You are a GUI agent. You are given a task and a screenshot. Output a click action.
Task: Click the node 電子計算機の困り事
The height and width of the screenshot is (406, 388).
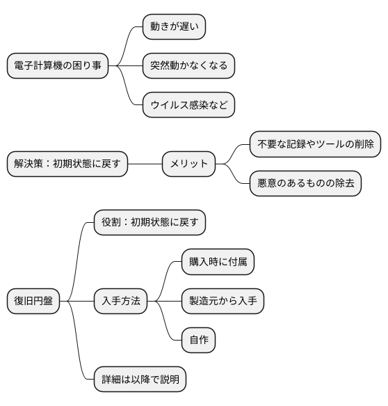(x=58, y=66)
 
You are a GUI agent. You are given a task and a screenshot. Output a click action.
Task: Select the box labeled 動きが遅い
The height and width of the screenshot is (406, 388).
(x=174, y=27)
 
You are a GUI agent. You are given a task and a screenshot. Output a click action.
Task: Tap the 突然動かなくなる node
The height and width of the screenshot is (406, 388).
(x=188, y=66)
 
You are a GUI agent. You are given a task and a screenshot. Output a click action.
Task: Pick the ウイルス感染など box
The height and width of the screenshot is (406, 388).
(x=188, y=105)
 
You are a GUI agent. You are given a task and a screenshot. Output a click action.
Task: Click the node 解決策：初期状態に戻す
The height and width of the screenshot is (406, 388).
(x=67, y=164)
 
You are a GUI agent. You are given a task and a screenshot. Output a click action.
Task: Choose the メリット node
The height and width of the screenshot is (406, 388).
(x=188, y=164)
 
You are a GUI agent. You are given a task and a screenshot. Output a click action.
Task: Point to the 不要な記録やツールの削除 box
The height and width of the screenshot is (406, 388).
(x=315, y=145)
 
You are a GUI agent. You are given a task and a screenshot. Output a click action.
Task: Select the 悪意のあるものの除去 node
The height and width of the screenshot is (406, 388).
(x=305, y=184)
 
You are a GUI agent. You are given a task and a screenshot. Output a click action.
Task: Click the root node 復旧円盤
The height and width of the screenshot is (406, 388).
(x=33, y=302)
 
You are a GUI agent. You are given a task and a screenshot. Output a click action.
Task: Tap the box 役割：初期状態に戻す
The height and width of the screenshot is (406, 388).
(x=150, y=223)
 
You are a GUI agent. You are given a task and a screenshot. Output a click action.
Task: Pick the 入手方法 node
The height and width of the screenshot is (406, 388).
(x=120, y=302)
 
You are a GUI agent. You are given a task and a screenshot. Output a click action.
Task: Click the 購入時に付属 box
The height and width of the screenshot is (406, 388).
(x=217, y=263)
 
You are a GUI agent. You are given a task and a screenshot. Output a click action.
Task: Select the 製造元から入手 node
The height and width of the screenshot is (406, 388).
(x=223, y=302)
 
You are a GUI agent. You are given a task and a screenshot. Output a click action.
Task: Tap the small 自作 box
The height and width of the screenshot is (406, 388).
(x=197, y=341)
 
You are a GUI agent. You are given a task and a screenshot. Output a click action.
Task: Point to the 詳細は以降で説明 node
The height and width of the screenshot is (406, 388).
(x=140, y=380)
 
